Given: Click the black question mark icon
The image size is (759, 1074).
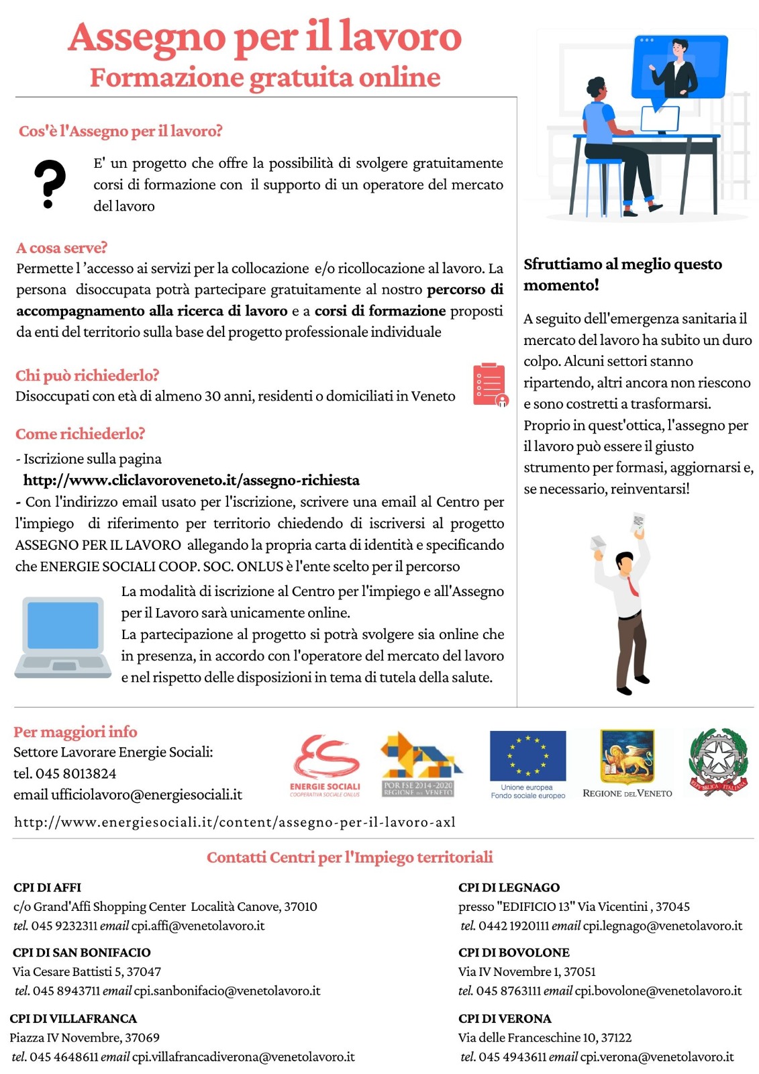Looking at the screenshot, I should pyautogui.click(x=50, y=183).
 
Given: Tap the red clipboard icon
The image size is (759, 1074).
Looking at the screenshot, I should pyautogui.click(x=490, y=384).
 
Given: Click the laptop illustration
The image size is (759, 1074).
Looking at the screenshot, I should pyautogui.click(x=63, y=636).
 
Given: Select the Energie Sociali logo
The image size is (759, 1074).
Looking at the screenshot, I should pyautogui.click(x=326, y=765).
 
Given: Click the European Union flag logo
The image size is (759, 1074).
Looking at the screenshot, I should pyautogui.click(x=527, y=756).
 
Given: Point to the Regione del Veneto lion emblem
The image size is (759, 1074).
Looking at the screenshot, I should pyautogui.click(x=627, y=756).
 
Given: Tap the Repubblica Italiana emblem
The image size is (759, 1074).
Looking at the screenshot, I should pyautogui.click(x=718, y=762).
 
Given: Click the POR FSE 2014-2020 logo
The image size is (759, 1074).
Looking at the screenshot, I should pyautogui.click(x=419, y=763).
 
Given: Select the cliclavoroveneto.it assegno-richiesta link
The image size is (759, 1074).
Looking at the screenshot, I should pyautogui.click(x=191, y=480).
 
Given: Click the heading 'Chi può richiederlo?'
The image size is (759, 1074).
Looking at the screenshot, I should pyautogui.click(x=87, y=375).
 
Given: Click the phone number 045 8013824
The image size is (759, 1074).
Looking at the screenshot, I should pyautogui.click(x=75, y=773).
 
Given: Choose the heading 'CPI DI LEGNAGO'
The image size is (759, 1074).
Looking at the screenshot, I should pyautogui.click(x=509, y=887).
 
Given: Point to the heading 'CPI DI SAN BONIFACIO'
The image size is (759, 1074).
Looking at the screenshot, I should pyautogui.click(x=81, y=953).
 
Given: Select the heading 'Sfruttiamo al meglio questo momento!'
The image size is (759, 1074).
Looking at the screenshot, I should pyautogui.click(x=622, y=274).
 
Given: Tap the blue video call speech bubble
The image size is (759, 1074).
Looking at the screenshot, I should pyautogui.click(x=679, y=67).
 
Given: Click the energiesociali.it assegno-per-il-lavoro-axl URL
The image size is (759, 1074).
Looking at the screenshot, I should pyautogui.click(x=235, y=822).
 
